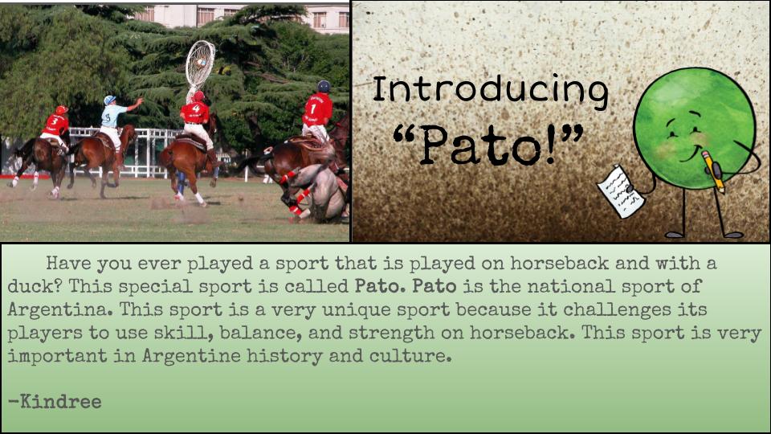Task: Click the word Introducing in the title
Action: tap(490, 91)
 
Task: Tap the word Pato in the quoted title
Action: tap(480, 145)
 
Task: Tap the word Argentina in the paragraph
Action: tap(60, 310)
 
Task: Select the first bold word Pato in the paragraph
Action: tap(380, 286)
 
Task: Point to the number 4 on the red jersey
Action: tap(196, 108)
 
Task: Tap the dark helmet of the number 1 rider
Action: tap(324, 87)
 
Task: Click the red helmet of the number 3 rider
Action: tap(62, 110)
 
